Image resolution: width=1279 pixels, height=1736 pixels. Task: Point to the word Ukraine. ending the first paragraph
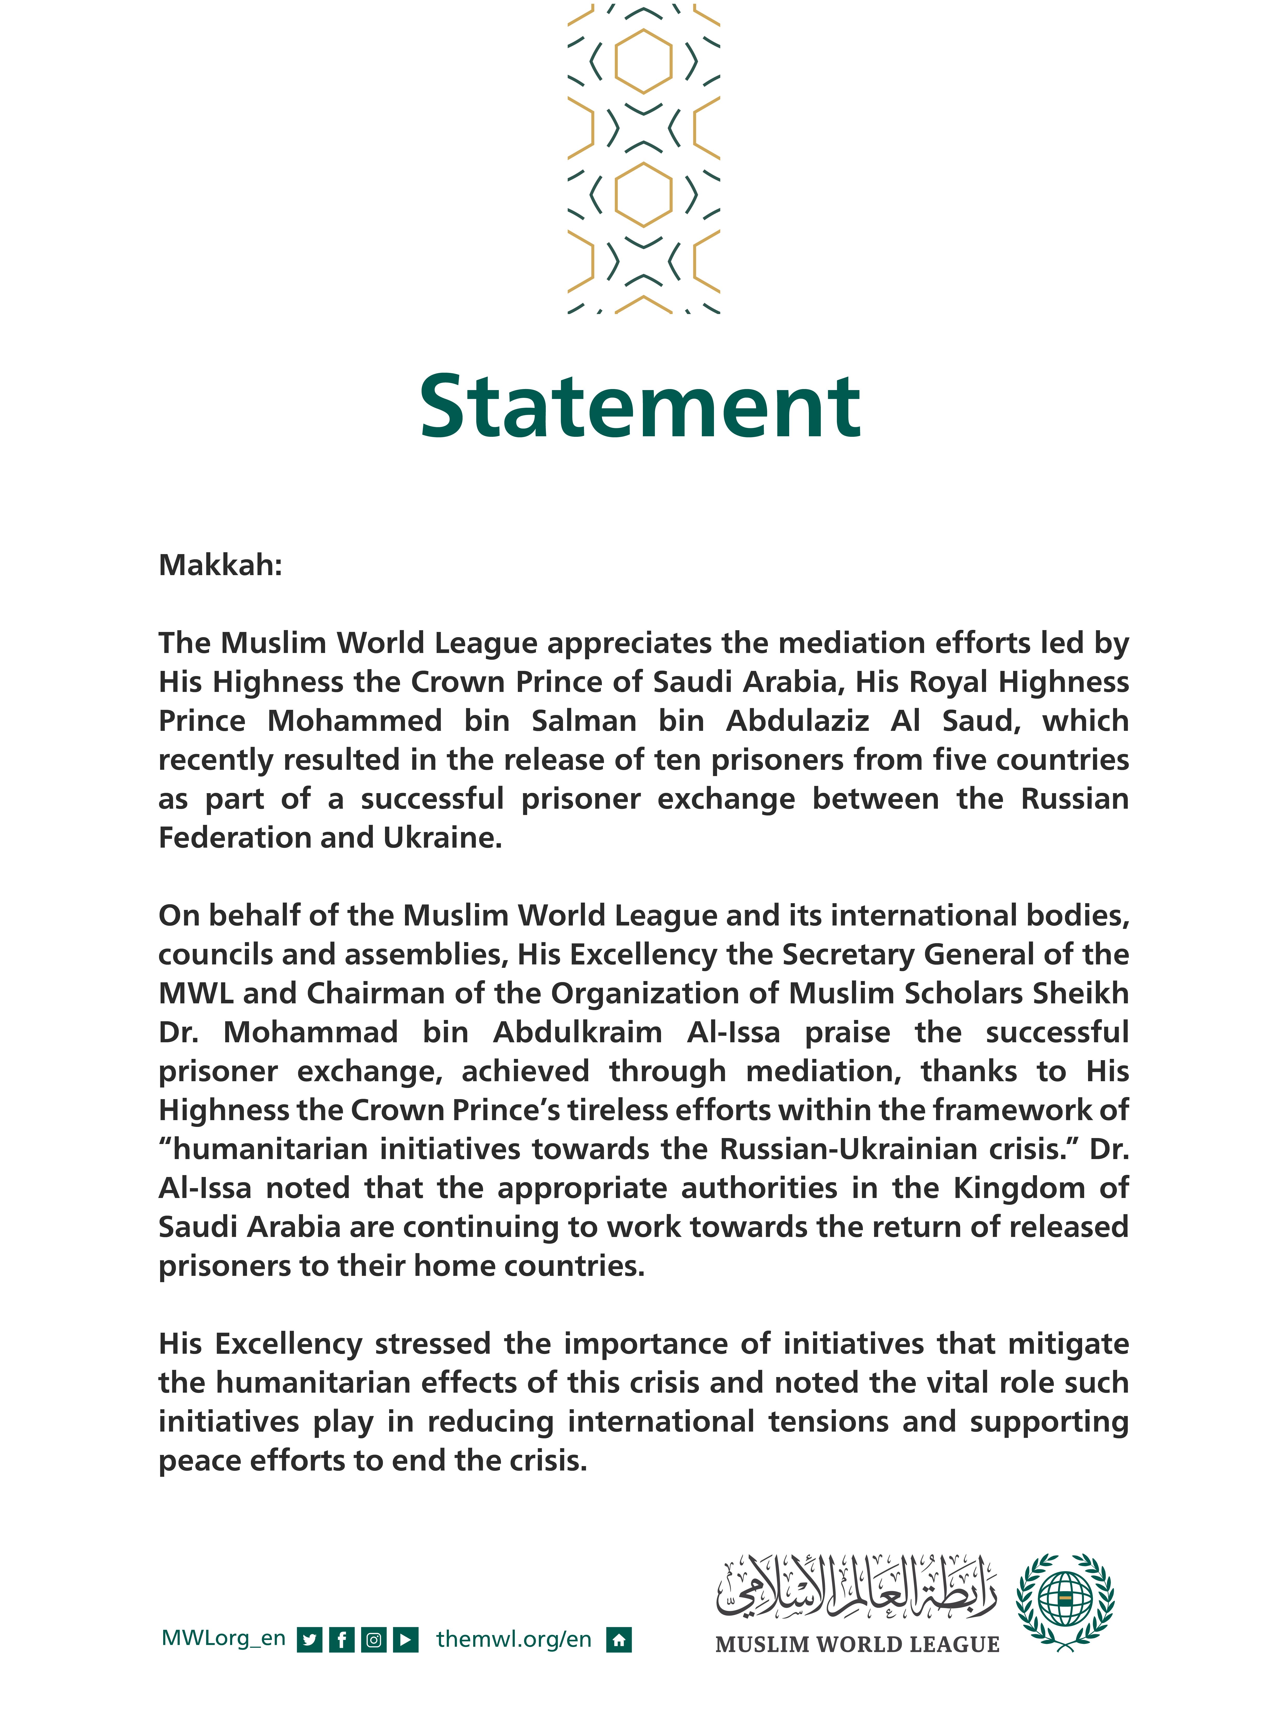click(x=443, y=838)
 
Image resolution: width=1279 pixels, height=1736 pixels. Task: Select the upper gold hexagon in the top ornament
click(x=643, y=61)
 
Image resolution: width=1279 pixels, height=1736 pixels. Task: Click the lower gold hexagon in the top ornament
click(x=643, y=194)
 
